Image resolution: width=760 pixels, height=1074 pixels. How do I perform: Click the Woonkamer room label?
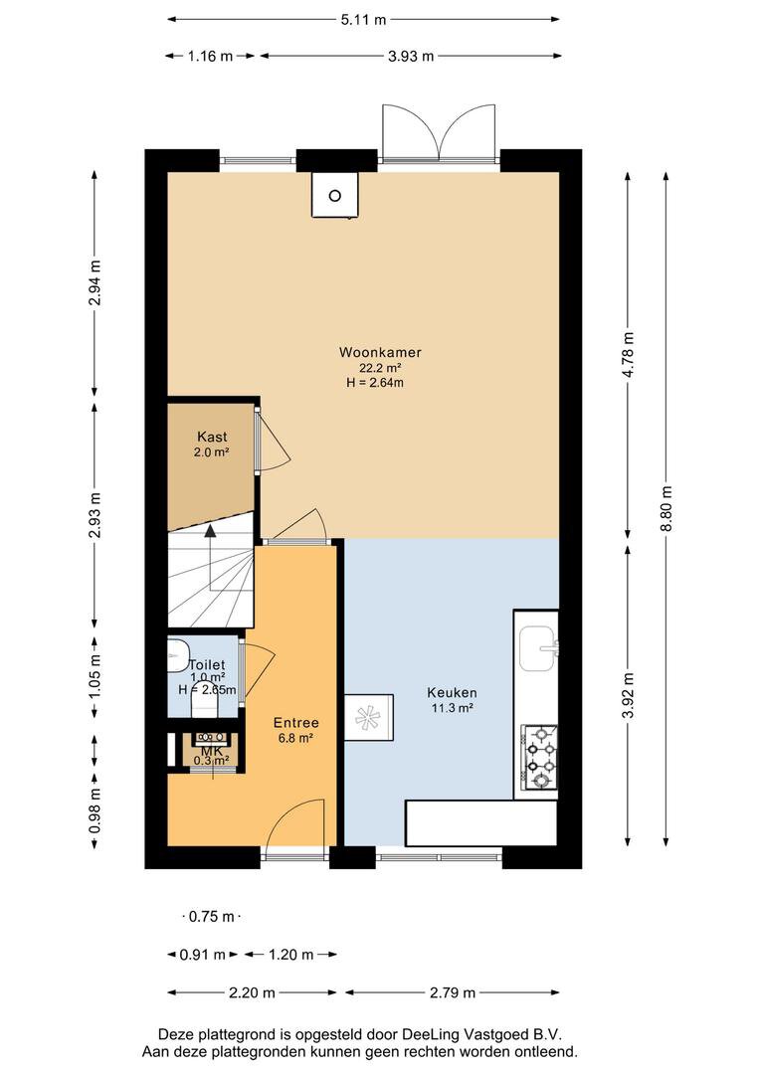tap(380, 352)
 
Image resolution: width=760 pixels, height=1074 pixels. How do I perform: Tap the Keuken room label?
tap(452, 692)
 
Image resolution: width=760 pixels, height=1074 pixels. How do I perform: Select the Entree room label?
tap(296, 723)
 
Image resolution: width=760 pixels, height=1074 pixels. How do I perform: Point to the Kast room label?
tap(212, 437)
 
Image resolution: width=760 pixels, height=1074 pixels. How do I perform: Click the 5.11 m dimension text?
tap(364, 20)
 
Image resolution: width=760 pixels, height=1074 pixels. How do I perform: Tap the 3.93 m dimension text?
tap(411, 56)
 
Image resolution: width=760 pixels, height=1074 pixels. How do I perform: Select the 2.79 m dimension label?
tap(453, 992)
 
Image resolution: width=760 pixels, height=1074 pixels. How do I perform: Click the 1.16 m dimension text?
tap(210, 56)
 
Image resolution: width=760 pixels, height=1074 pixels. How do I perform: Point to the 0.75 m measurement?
tap(212, 917)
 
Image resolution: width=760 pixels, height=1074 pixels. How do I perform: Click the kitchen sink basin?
tap(538, 648)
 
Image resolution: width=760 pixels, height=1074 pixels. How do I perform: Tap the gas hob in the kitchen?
tap(540, 758)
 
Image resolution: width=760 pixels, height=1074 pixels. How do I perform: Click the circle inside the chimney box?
tap(334, 196)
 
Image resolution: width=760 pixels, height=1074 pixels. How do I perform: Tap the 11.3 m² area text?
tap(452, 708)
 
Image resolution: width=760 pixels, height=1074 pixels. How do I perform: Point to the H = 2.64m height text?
tap(375, 383)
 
